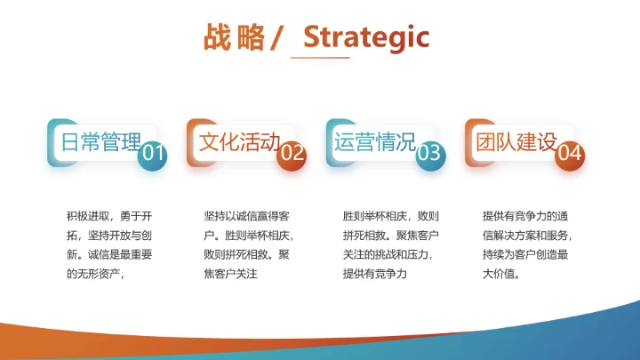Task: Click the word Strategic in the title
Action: pos(366,37)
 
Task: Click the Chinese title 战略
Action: pos(234,37)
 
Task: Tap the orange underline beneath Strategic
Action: pos(320,58)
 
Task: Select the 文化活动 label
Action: pos(239,142)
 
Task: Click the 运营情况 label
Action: pos(376,142)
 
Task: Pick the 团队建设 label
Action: pos(516,142)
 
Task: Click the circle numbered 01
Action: pos(153,154)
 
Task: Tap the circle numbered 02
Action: pos(292,154)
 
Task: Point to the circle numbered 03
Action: pos(430,154)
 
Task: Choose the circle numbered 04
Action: pos(570,154)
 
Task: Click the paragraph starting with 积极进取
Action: pos(109,245)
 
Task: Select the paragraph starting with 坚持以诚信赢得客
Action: pos(248,245)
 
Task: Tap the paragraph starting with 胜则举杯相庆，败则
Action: pos(387,245)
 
